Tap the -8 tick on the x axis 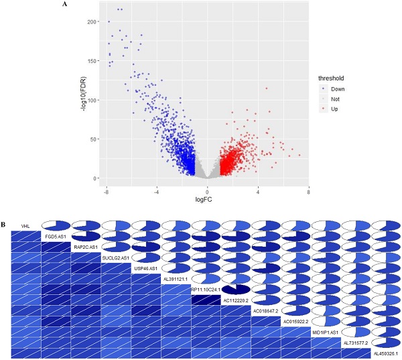point(106,192)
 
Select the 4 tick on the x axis point(258,192)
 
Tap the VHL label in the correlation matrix point(25,226)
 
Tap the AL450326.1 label point(385,353)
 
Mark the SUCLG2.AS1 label point(116,257)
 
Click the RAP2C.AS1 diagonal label point(86,247)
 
